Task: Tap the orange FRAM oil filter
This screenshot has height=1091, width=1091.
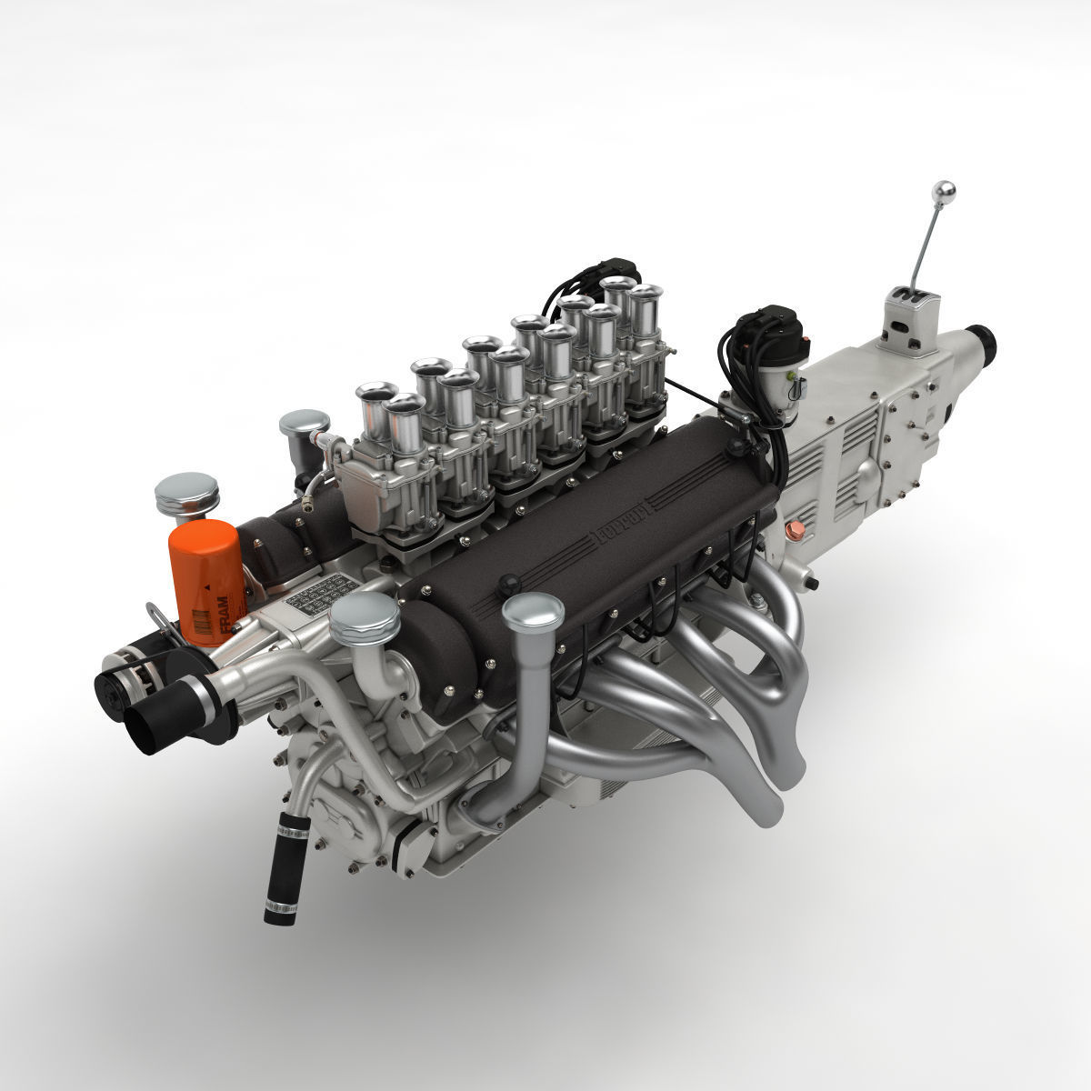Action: click(205, 582)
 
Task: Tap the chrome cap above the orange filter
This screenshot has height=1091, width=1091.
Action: click(186, 492)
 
